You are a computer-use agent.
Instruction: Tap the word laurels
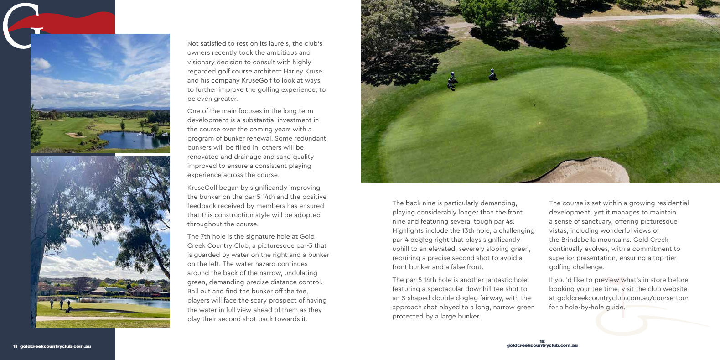pos(276,44)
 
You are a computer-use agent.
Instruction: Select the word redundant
pos(308,139)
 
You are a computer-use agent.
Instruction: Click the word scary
pos(267,301)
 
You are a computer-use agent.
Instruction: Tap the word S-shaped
pos(416,298)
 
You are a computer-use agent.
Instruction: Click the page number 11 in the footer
pos(15,347)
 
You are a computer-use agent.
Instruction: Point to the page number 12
pos(542,341)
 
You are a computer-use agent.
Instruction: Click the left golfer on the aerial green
pos(452,80)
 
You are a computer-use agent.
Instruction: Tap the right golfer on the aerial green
pos(492,74)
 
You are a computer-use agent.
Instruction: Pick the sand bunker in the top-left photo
pos(73,135)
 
